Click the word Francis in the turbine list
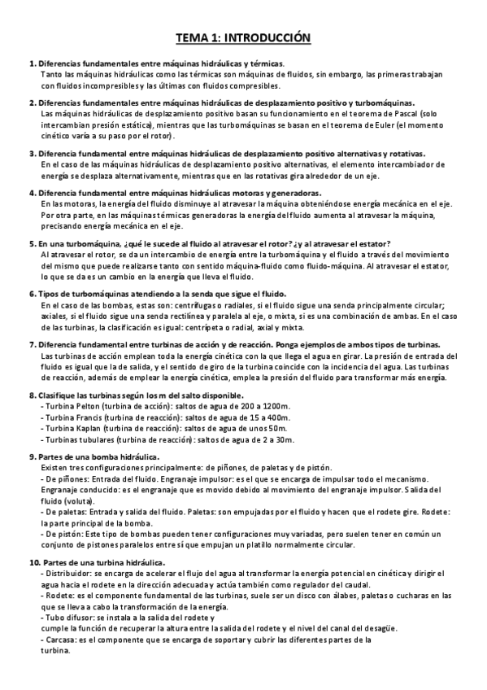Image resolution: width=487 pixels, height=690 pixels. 93,417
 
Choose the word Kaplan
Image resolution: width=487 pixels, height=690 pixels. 92,428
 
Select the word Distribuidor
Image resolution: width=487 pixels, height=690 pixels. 67,574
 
